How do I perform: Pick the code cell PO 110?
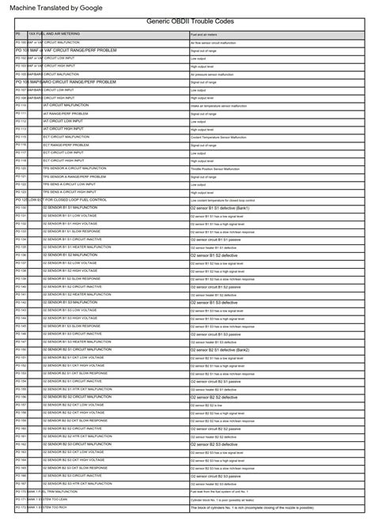[x=21, y=105]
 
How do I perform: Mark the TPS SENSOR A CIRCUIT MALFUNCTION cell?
[x=79, y=168]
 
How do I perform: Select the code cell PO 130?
[x=21, y=208]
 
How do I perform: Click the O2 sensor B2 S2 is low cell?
[x=214, y=405]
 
